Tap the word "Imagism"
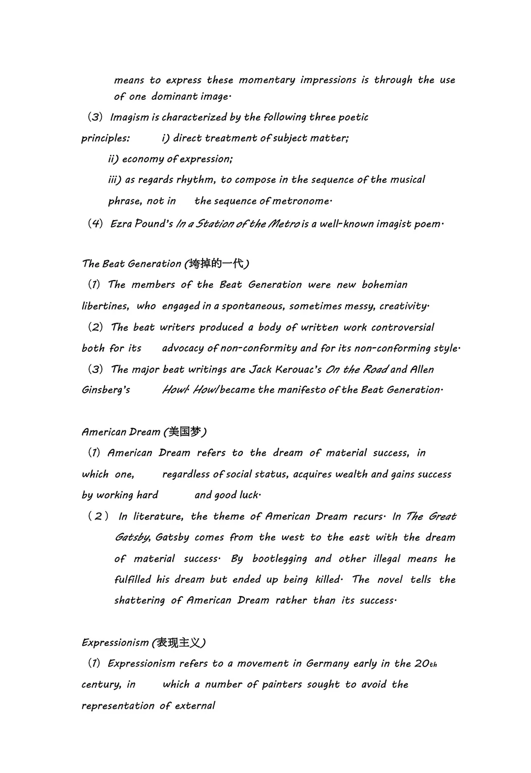(129, 117)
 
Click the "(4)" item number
(95, 224)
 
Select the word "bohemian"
(384, 285)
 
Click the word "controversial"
(403, 327)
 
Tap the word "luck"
(248, 495)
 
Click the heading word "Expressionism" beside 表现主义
(115, 643)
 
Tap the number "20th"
(425, 664)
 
